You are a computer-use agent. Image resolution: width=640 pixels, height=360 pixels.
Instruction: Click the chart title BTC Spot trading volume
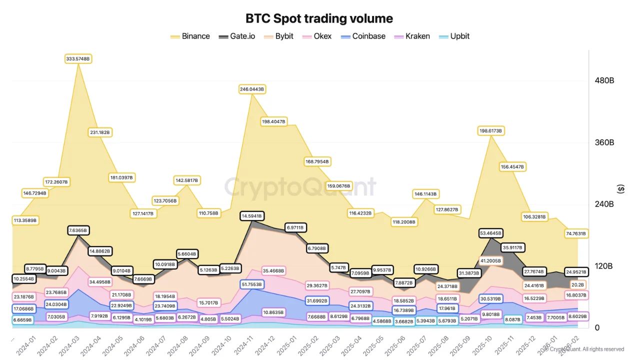click(319, 18)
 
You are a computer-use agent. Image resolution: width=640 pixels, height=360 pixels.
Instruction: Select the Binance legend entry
click(190, 36)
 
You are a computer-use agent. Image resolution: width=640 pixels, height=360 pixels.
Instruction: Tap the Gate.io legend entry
click(236, 36)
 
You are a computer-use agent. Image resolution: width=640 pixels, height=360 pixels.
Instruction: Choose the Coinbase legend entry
click(362, 36)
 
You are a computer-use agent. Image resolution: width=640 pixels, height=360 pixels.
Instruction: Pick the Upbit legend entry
click(453, 36)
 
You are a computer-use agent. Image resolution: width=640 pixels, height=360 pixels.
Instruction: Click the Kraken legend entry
click(411, 36)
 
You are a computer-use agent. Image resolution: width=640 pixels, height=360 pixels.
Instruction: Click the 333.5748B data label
click(78, 59)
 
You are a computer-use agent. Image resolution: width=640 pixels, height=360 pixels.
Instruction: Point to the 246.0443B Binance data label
click(251, 89)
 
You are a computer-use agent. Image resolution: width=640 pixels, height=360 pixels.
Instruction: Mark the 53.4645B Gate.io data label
click(490, 233)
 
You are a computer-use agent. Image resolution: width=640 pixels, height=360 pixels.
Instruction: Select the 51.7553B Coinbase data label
click(252, 284)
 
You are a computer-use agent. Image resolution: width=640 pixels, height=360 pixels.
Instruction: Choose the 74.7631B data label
click(574, 233)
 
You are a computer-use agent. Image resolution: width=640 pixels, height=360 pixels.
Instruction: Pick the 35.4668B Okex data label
click(273, 270)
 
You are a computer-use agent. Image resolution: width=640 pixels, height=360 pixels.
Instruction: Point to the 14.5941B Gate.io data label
click(252, 216)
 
